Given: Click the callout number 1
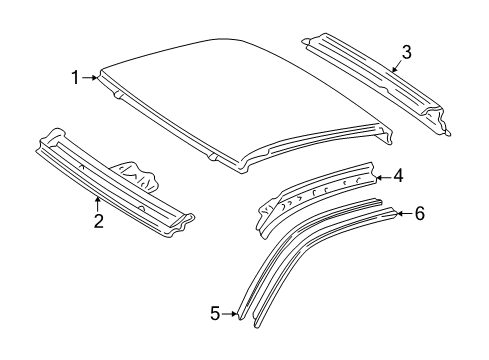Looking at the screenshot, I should (x=74, y=76).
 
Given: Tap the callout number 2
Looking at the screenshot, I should (x=98, y=222).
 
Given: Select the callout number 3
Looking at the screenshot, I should (x=406, y=52).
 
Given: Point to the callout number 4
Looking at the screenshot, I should (x=398, y=176).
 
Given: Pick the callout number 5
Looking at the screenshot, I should (x=215, y=314).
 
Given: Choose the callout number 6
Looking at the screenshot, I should (x=419, y=213).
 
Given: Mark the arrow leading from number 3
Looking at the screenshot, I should (x=396, y=67).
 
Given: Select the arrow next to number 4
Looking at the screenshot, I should (x=382, y=177).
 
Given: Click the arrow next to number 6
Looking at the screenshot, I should (x=402, y=212).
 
